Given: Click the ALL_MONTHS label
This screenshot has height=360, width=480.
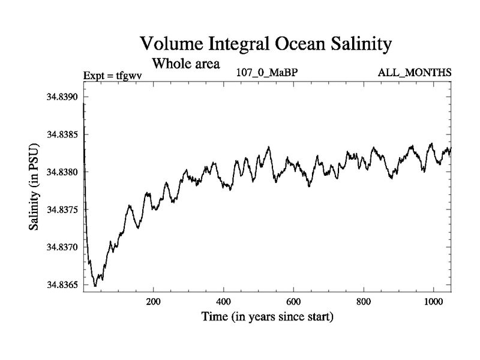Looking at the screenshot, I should [414, 73].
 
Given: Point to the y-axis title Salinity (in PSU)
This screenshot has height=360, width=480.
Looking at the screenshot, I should [34, 189].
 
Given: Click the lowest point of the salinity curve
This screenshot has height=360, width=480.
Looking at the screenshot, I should [95, 286].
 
